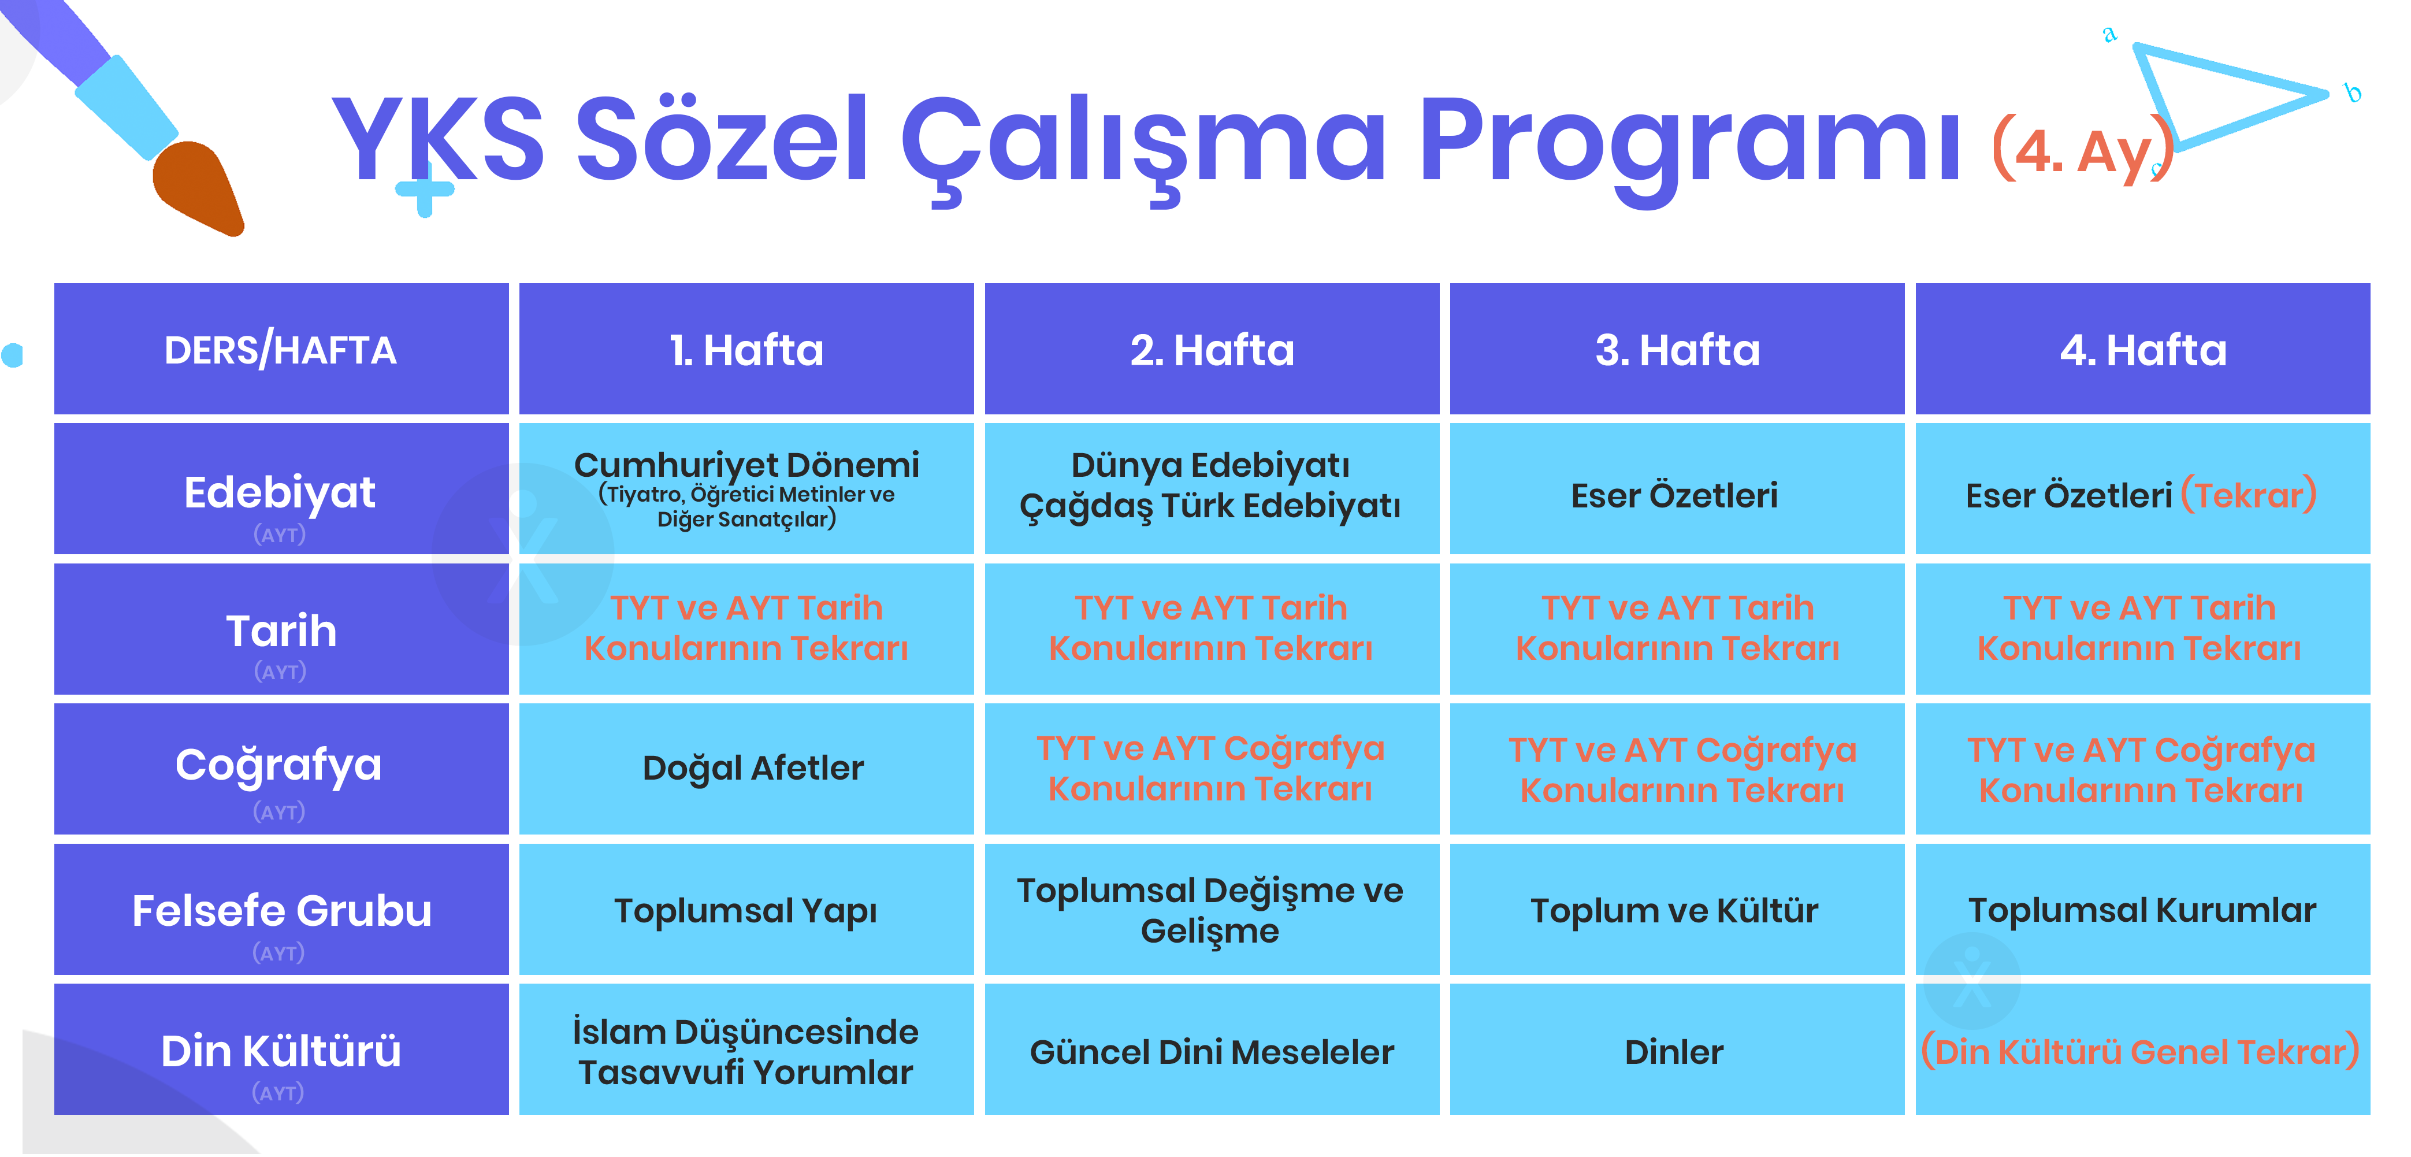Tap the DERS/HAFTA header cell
click(281, 349)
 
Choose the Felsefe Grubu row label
click(281, 909)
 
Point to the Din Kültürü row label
click(281, 1050)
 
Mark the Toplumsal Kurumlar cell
click(2142, 909)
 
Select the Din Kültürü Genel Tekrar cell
click(2142, 1050)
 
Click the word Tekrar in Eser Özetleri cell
click(2249, 494)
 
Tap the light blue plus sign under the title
click(425, 188)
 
